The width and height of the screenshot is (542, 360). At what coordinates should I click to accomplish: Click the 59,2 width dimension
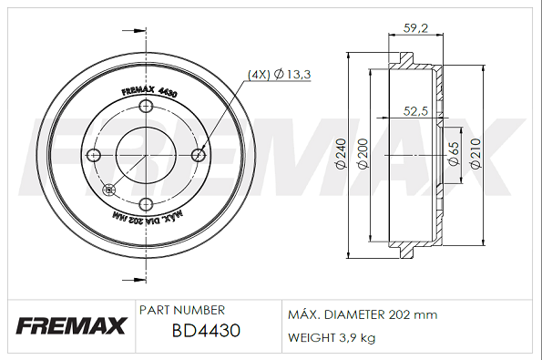pyautogui.click(x=415, y=28)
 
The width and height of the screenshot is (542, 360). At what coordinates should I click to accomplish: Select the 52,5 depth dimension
pyautogui.click(x=415, y=111)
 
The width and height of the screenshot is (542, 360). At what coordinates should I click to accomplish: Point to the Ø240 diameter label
pyautogui.click(x=341, y=153)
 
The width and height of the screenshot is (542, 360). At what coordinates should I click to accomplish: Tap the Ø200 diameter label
pyautogui.click(x=363, y=153)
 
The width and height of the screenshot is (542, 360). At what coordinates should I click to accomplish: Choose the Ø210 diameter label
pyautogui.click(x=476, y=153)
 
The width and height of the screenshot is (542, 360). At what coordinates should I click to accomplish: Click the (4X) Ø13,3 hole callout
pyautogui.click(x=280, y=74)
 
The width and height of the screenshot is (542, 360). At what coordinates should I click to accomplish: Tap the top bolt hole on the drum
pyautogui.click(x=146, y=106)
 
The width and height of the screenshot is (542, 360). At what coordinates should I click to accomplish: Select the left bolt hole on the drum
pyautogui.click(x=93, y=155)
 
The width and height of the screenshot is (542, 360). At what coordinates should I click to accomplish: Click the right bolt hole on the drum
pyautogui.click(x=199, y=155)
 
